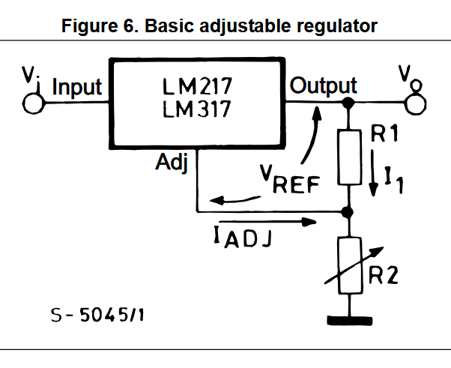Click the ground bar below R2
click(350, 321)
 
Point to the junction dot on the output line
click(348, 103)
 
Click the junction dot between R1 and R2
click(348, 212)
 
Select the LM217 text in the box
click(197, 86)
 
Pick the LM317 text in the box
click(197, 109)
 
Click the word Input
click(77, 87)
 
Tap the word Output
click(323, 85)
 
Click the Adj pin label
click(172, 162)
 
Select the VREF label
click(290, 179)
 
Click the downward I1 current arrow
click(373, 173)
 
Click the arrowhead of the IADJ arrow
click(309, 222)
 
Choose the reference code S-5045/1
click(97, 315)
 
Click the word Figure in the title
click(90, 26)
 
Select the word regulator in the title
click(337, 26)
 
